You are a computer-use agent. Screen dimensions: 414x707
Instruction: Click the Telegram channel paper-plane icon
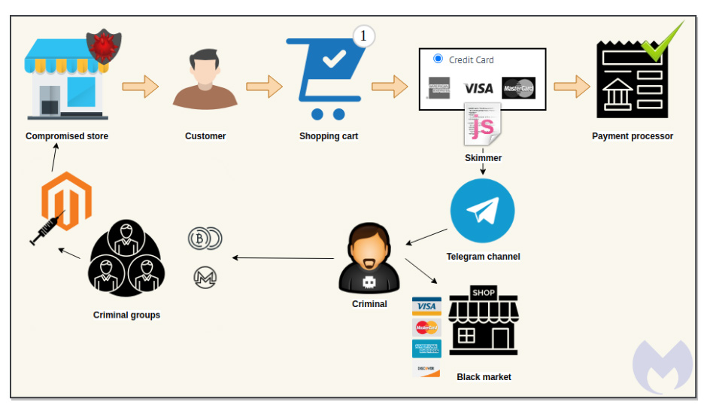coord(482,212)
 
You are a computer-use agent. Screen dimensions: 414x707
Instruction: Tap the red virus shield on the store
coord(104,46)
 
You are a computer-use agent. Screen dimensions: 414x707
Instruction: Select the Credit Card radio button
coord(438,59)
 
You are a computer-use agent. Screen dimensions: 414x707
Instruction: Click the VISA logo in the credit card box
coord(478,88)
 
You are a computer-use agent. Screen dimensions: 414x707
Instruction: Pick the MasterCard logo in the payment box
coord(518,88)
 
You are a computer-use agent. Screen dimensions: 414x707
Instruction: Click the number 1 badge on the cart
coord(363,35)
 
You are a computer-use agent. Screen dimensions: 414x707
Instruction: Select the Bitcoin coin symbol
coord(199,239)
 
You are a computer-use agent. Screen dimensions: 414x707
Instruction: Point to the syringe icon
coord(46,230)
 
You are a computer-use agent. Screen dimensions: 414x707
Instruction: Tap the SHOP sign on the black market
coord(484,292)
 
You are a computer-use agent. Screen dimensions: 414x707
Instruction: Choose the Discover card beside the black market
coord(426,369)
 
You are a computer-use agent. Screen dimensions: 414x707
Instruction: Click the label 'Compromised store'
coord(67,136)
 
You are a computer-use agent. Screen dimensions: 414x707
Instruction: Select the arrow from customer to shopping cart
coord(262,87)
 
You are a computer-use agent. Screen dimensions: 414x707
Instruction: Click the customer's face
coord(205,72)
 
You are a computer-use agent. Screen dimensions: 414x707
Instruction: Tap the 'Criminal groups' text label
coord(126,315)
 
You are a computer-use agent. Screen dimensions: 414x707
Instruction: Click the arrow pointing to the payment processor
coord(572,87)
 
